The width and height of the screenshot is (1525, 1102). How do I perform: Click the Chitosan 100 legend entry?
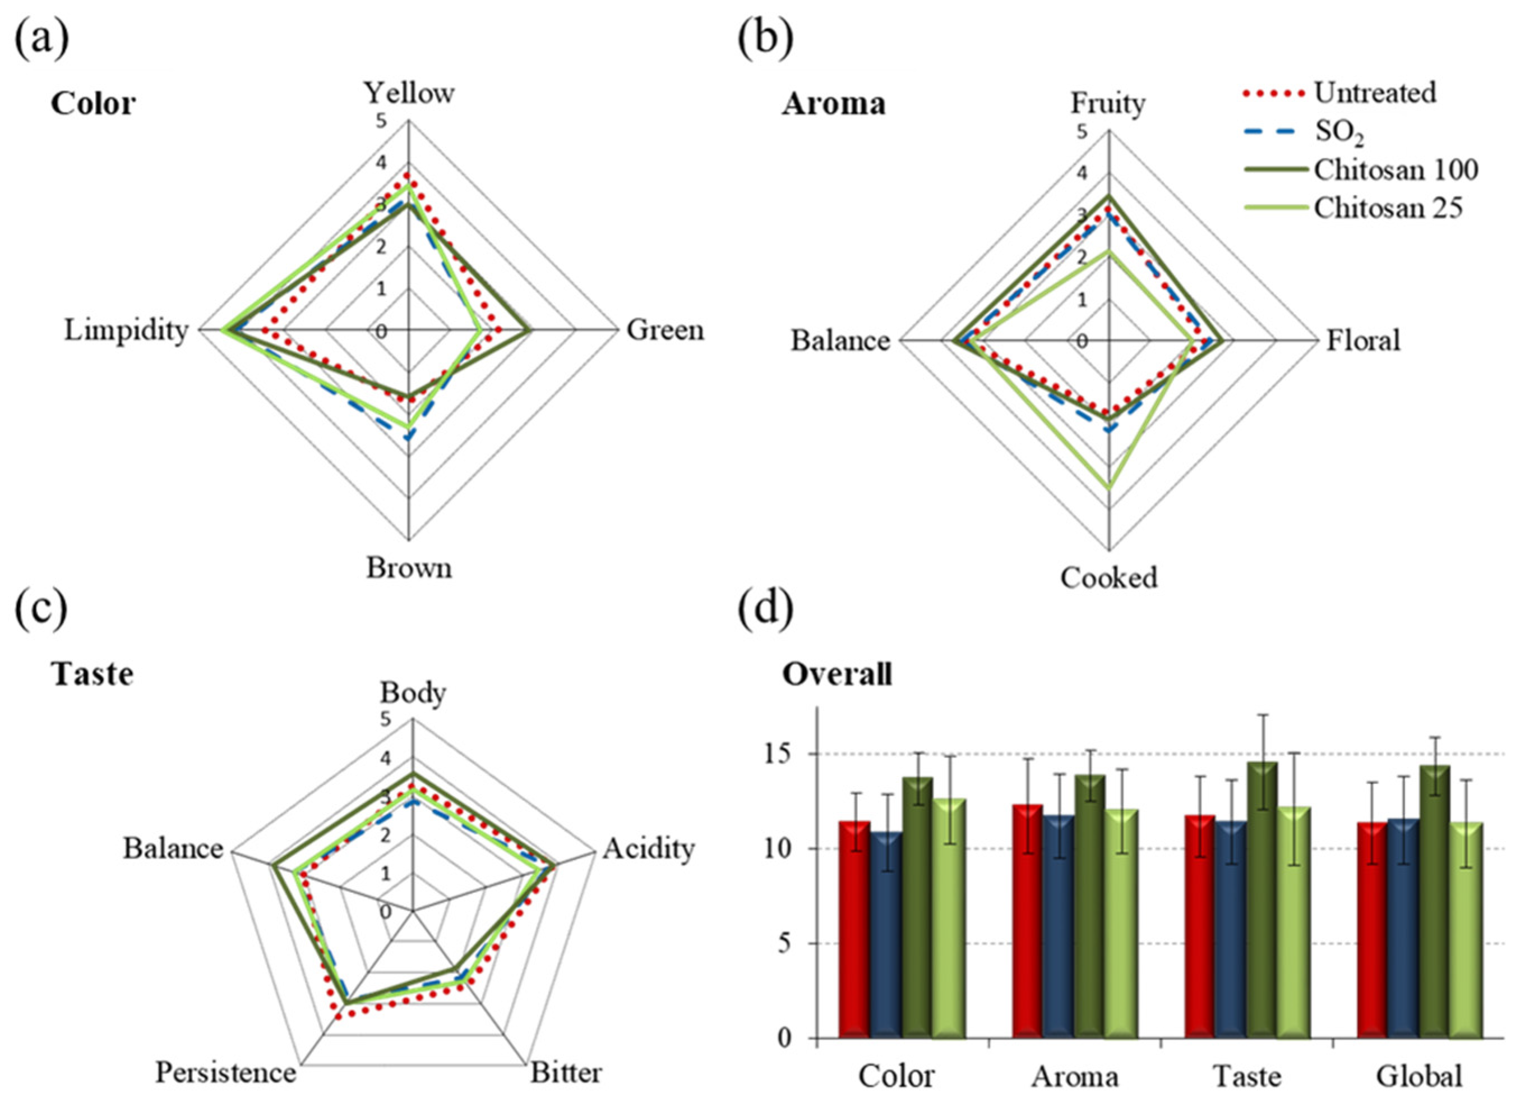coord(1396,170)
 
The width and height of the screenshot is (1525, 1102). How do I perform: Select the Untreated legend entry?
coord(1375,93)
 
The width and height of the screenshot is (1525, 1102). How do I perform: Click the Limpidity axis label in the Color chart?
coord(126,330)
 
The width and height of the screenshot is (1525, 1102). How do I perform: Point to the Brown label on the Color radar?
coord(409,568)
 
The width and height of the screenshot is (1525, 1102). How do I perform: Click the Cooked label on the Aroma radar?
coord(1109,578)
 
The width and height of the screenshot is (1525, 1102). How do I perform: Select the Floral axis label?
coord(1363,341)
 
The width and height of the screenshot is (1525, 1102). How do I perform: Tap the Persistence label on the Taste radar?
coord(225,1072)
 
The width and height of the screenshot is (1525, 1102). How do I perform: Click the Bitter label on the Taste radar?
coord(566,1072)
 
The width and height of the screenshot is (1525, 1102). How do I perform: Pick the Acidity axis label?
coord(648,849)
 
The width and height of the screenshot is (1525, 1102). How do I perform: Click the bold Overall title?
coord(837,674)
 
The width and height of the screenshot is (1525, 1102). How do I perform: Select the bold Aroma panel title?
coord(833,104)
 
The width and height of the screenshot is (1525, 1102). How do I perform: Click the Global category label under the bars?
coord(1420,1076)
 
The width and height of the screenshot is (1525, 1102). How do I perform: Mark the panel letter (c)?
coord(41,609)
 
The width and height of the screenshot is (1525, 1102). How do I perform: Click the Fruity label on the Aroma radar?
coord(1107,104)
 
